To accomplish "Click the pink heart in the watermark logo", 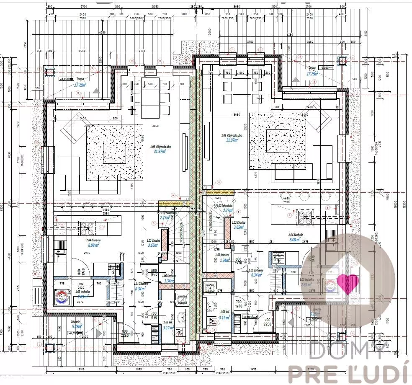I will [348, 283].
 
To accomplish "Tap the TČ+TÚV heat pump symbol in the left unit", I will [62, 298].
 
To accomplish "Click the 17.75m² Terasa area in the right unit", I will [312, 73].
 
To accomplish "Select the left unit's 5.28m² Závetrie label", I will [77, 326].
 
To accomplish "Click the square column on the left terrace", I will [50, 73].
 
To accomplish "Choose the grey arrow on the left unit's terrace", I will [96, 90].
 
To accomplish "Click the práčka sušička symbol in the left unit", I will [182, 298].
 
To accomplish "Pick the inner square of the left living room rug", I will [114, 152].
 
